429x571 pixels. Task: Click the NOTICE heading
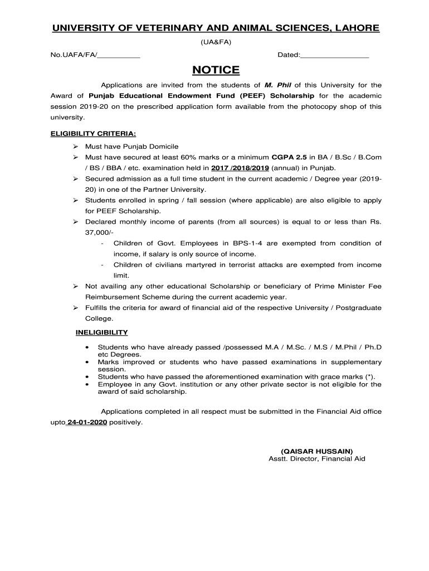click(216, 70)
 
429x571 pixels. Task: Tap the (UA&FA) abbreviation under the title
click(216, 42)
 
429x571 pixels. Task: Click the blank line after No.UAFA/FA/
click(118, 55)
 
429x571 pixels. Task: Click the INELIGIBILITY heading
click(102, 332)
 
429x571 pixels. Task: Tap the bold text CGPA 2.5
click(289, 157)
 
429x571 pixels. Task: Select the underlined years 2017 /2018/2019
click(240, 167)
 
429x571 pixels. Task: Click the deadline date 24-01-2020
click(86, 423)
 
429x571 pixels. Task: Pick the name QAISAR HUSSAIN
click(316, 451)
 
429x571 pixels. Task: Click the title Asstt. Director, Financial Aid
click(316, 459)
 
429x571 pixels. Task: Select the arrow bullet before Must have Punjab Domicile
click(75, 147)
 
